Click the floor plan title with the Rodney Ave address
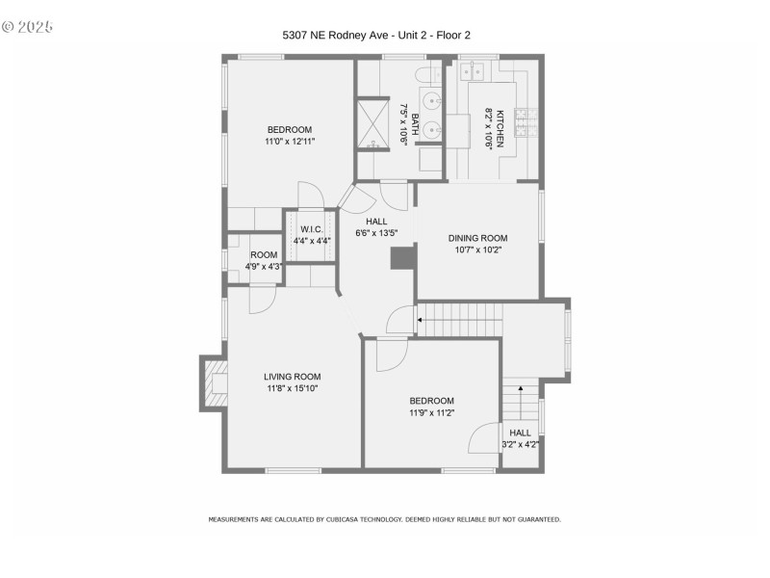coord(375,36)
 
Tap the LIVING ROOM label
coord(293,377)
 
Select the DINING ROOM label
coord(477,238)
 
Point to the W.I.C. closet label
coord(311,229)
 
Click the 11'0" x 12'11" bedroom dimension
coord(290,142)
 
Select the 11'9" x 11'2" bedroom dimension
coord(431,412)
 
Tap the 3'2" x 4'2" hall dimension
coord(520,444)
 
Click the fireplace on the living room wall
coord(214,384)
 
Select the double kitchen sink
coord(474,72)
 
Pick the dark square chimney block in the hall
coord(399,258)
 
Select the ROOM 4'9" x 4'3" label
coord(263,260)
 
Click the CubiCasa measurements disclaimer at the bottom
coord(384,519)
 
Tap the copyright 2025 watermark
coord(28,26)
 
